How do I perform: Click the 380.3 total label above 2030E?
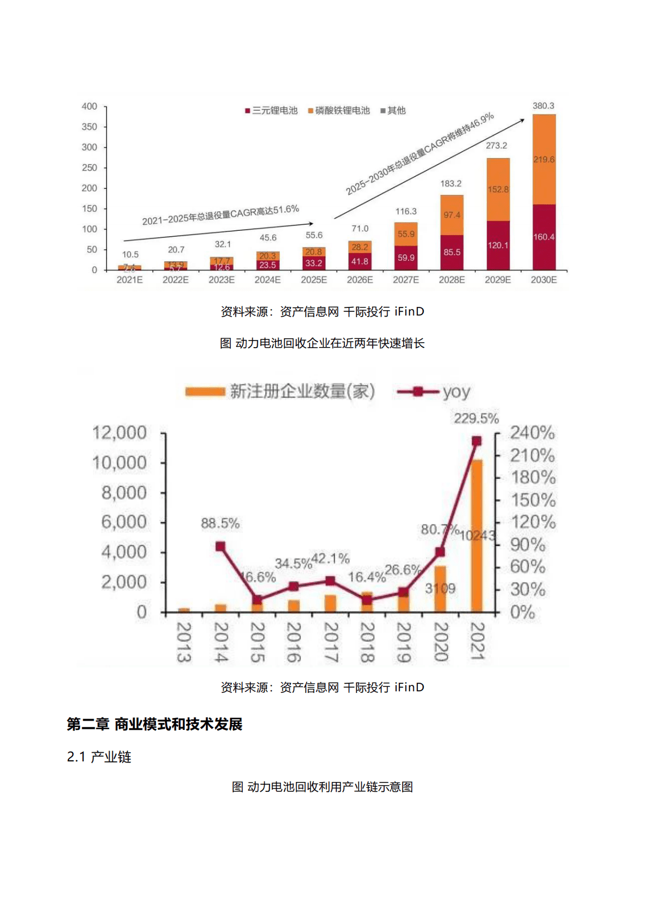[543, 106]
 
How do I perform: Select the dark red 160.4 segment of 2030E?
[544, 237]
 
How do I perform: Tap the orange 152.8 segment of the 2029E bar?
[498, 190]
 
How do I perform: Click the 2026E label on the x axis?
[360, 280]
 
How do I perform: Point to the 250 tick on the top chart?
[90, 168]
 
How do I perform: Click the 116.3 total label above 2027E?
[406, 211]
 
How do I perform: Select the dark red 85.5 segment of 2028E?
[451, 253]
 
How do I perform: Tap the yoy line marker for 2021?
[476, 441]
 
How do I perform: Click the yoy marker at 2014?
[220, 546]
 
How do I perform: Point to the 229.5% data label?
[476, 419]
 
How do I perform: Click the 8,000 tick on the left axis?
[124, 493]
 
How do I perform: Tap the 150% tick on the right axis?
[533, 500]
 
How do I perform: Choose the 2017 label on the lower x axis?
[330, 642]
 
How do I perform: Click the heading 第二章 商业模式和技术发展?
[154, 724]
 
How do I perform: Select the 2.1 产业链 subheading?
[99, 757]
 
